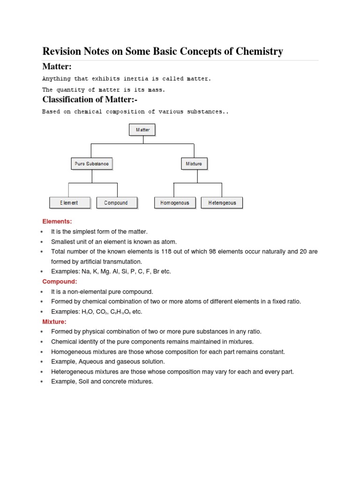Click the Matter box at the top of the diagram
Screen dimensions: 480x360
(142, 129)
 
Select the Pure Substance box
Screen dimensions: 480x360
(92, 164)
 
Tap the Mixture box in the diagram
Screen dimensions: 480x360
(194, 164)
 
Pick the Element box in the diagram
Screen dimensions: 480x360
(69, 202)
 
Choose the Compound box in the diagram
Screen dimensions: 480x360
(117, 202)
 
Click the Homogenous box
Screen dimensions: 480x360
(175, 202)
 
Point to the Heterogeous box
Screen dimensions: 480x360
(222, 202)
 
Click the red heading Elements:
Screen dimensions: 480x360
(57, 221)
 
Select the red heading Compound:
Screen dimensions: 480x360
(60, 282)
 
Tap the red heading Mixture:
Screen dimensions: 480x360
(54, 322)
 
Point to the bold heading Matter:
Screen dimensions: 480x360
(57, 67)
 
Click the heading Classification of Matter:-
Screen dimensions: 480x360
(90, 99)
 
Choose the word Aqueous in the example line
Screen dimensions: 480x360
(89, 362)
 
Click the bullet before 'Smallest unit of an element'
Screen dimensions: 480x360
(42, 242)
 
